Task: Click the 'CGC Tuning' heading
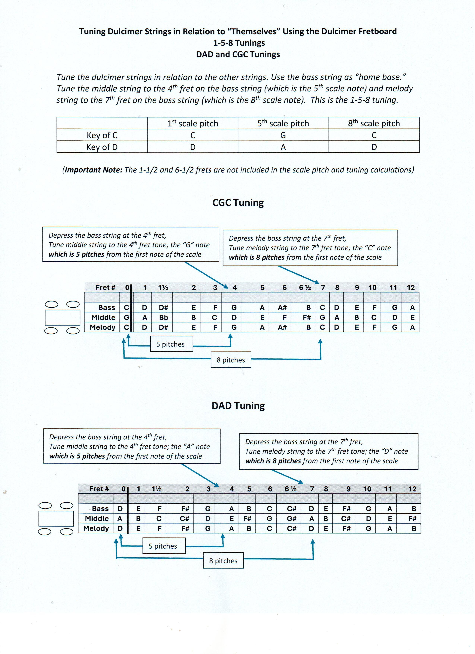pos(238,203)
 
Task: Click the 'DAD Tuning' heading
pos(238,406)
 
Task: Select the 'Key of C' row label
pos(102,135)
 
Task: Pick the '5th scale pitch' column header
pos(283,123)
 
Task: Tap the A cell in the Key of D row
pos(283,147)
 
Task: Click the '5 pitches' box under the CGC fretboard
pos(171,344)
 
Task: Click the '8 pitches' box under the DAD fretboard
pos(223,561)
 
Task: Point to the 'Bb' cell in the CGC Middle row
pos(164,317)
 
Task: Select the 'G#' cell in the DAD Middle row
pos(292,518)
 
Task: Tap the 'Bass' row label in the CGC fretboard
pos(107,307)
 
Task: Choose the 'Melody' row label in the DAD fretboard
pos(96,528)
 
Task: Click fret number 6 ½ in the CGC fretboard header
pos(305,288)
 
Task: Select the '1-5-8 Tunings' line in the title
pos(239,43)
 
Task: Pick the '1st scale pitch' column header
pos(193,123)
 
